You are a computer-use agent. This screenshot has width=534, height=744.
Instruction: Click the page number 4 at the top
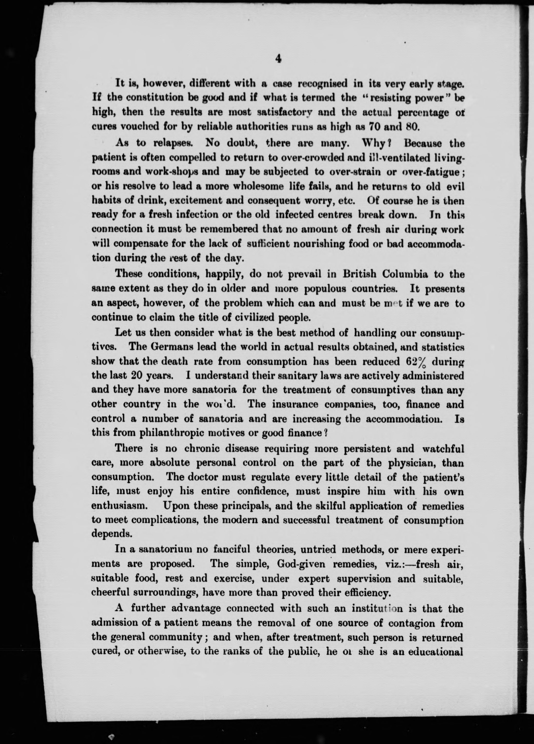[279, 59]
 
